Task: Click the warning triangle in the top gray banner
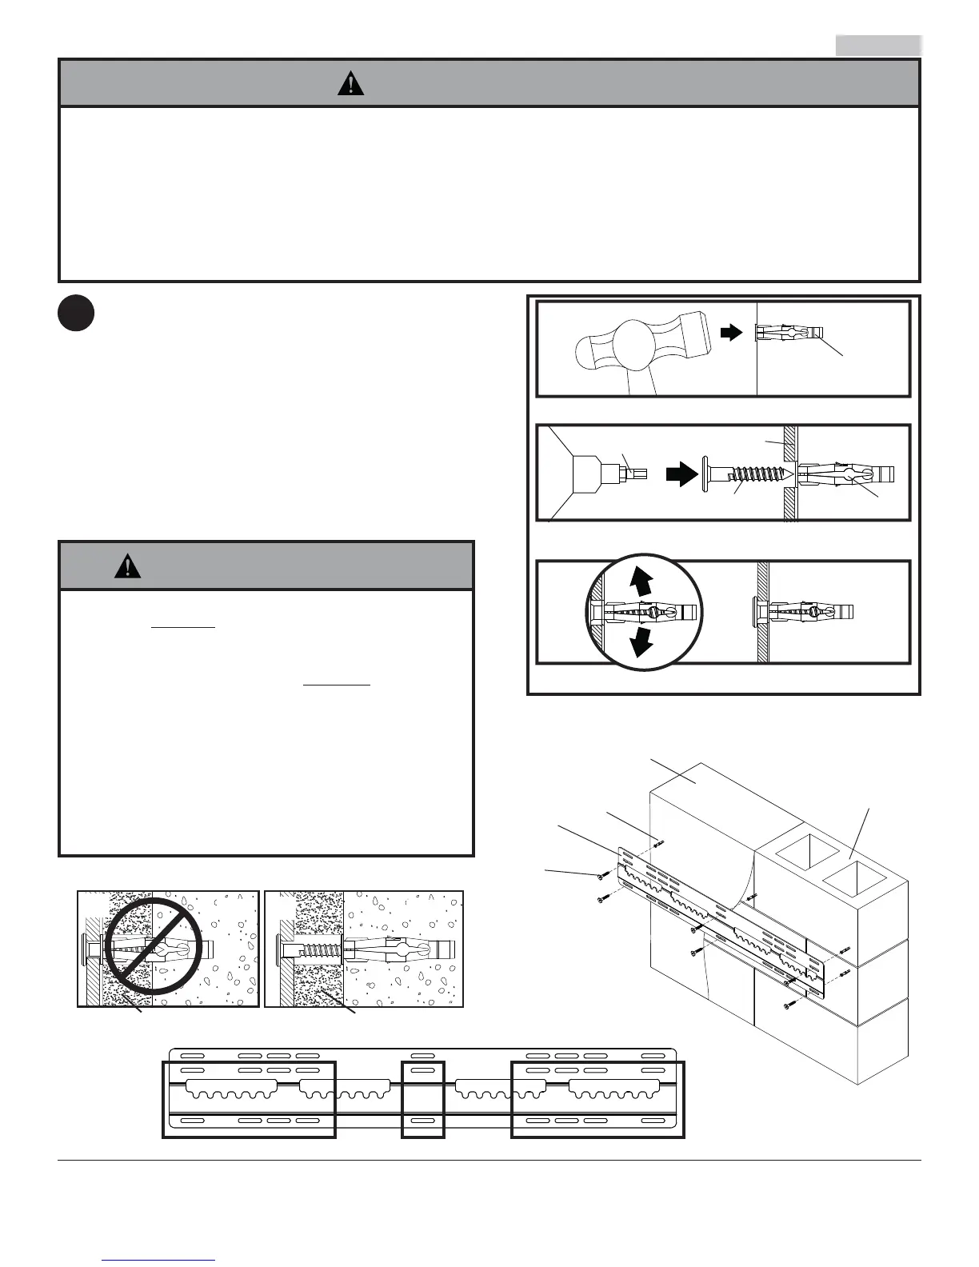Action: tap(350, 83)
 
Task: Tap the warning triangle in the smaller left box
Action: tap(127, 566)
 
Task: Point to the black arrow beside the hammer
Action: tap(731, 333)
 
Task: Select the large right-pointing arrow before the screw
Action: tap(681, 476)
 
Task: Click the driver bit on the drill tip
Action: tap(634, 472)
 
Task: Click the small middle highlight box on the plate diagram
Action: tap(422, 1099)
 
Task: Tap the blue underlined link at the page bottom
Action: tap(159, 1259)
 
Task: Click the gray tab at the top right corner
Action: tap(878, 46)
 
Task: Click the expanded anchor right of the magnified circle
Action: tap(804, 613)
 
